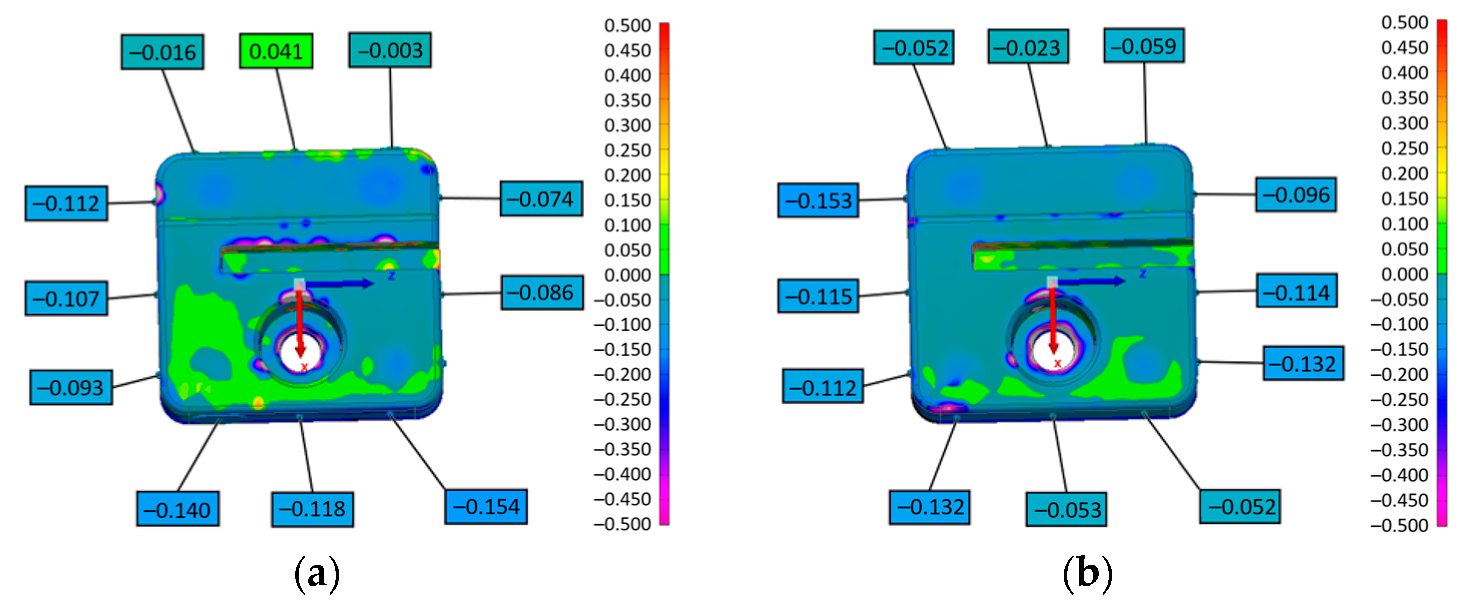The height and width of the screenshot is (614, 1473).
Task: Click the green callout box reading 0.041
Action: tap(276, 51)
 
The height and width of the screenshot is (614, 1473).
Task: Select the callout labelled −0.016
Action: tap(162, 52)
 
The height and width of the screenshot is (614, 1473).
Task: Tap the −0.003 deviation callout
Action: tap(390, 51)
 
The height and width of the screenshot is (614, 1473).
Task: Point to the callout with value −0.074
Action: tap(541, 199)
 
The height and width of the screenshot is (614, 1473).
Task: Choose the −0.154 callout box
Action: tap(486, 507)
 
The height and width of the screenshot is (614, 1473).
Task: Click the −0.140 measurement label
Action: tap(178, 509)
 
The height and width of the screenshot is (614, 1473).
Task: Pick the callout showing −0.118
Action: tap(312, 509)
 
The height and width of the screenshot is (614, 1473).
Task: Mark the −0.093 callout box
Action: tap(71, 387)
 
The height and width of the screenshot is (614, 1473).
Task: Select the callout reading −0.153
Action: tap(818, 201)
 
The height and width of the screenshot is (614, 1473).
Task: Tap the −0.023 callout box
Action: tap(1028, 47)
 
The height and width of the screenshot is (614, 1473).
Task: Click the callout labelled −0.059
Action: tap(1144, 46)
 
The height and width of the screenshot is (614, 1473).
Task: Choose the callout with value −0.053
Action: tap(1066, 509)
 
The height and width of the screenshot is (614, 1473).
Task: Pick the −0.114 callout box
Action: tap(1296, 292)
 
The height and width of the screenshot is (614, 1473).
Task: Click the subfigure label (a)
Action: tap(317, 574)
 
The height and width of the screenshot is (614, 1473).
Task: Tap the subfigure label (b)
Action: tap(1087, 574)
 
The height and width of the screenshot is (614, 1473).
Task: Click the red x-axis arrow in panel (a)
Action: tap(299, 320)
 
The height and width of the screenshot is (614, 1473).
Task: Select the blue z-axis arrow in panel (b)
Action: tap(1092, 281)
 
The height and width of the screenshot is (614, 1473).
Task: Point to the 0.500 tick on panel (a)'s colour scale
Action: tap(628, 26)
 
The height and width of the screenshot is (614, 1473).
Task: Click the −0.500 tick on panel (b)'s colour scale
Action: tap(1399, 525)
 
